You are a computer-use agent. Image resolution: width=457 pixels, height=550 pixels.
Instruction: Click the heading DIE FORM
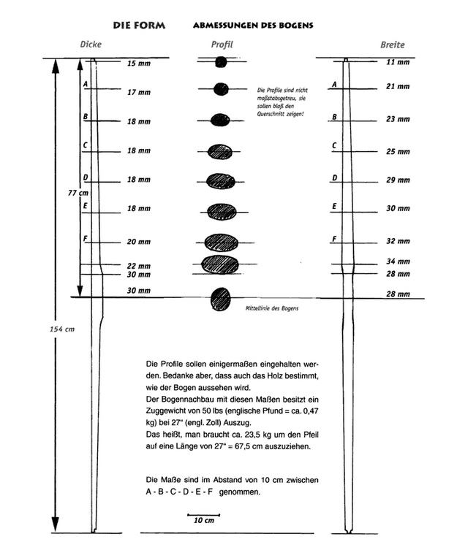(139, 26)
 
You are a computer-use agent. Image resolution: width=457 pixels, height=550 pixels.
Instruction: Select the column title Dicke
(91, 45)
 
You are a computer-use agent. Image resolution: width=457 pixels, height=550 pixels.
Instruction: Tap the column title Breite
(392, 45)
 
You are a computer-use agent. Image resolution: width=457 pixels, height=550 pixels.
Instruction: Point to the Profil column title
(222, 45)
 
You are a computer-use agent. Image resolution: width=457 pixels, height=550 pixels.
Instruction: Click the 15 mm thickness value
(139, 64)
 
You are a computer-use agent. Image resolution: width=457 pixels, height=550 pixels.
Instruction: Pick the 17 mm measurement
(139, 93)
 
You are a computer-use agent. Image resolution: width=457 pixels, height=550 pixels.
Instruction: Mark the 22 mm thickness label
(139, 266)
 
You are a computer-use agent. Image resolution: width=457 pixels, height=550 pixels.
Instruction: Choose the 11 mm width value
(398, 62)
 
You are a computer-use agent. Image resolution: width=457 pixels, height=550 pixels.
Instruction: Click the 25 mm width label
(398, 152)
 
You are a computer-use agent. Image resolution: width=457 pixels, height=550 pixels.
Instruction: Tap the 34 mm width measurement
(398, 261)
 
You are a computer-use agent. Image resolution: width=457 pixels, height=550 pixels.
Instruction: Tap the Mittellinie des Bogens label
(272, 308)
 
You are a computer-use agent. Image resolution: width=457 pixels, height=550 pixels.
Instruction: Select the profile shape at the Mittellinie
(220, 299)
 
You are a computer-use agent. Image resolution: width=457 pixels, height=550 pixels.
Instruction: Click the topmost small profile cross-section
(221, 63)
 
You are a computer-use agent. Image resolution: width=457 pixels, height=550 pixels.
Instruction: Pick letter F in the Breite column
(334, 239)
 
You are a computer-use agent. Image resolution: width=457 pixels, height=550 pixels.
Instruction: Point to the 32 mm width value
(398, 241)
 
